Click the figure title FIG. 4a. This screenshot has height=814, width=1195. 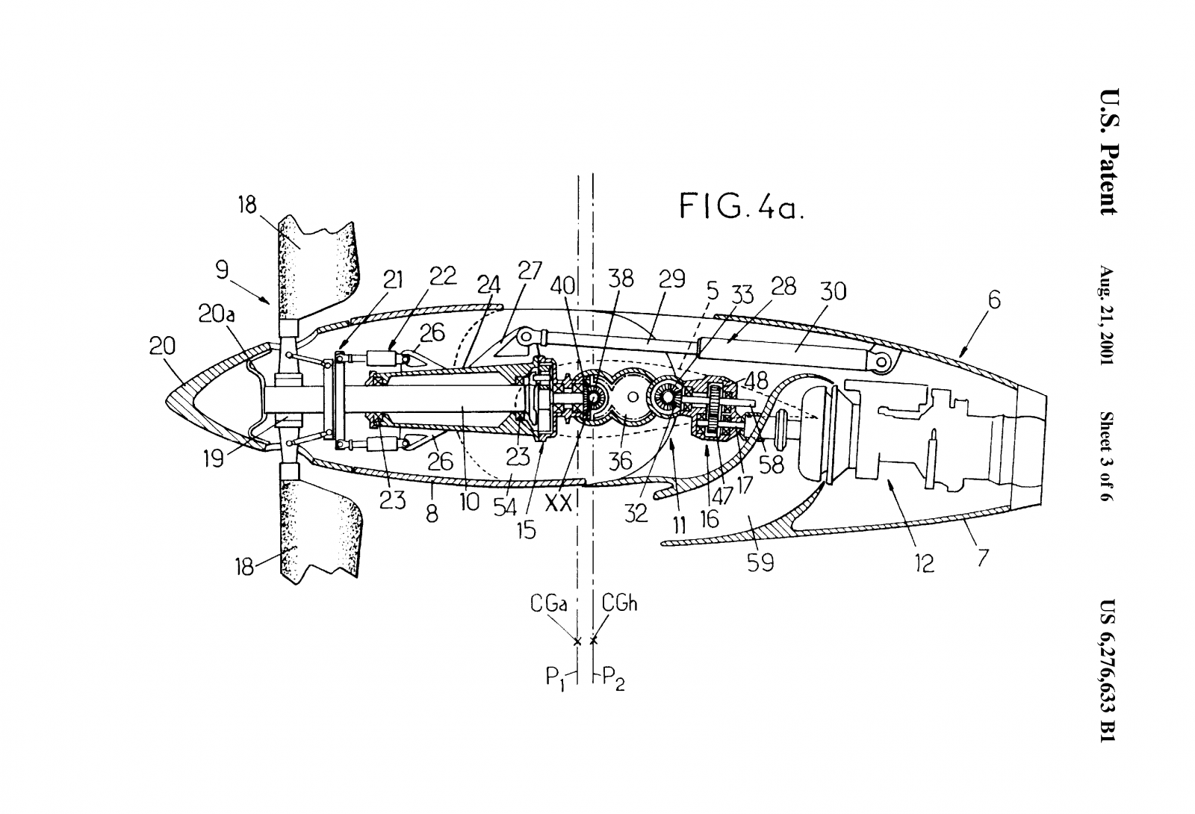click(x=741, y=205)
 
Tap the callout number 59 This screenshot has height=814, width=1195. click(x=760, y=562)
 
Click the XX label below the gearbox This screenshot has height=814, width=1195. click(x=559, y=503)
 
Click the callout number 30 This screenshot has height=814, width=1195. click(x=834, y=291)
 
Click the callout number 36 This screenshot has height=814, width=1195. click(x=620, y=461)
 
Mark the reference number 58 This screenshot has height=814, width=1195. click(x=772, y=465)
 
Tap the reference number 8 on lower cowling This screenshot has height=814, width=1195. click(x=432, y=513)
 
